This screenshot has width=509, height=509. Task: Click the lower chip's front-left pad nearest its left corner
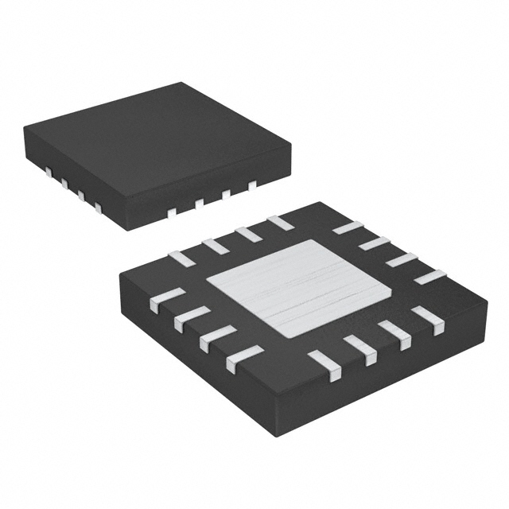point(159,298)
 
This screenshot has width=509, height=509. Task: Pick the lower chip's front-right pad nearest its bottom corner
point(324,363)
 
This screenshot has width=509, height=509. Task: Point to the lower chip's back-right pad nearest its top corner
point(348,227)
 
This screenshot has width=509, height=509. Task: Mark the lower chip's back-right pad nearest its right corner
point(430,277)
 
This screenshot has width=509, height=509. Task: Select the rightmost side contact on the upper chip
point(253,185)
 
